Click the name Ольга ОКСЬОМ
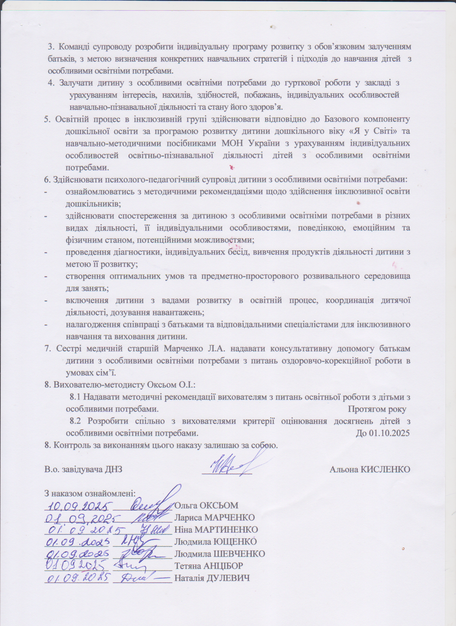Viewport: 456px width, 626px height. (206, 505)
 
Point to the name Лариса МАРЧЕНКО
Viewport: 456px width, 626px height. (214, 518)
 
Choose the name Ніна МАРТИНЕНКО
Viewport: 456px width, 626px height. (216, 529)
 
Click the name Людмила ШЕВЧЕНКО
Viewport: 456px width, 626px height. (220, 554)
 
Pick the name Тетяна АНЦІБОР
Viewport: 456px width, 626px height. (209, 566)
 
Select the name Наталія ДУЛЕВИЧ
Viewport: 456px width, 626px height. (212, 578)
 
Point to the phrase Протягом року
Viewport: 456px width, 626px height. (377, 409)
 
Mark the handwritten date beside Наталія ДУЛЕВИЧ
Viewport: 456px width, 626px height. (77, 577)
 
